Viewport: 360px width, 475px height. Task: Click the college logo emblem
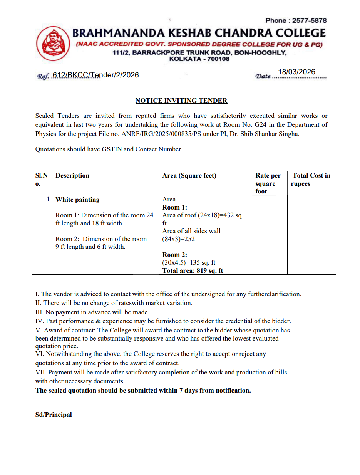click(x=53, y=44)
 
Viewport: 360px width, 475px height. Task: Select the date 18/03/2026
click(x=296, y=72)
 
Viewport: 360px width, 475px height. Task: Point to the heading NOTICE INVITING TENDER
click(x=181, y=101)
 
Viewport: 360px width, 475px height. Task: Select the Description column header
click(x=72, y=176)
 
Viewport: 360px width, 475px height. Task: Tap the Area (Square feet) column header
click(x=189, y=176)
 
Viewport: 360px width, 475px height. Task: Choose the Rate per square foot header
click(x=268, y=183)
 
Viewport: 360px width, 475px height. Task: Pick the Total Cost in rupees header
click(x=311, y=180)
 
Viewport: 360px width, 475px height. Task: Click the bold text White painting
click(x=77, y=200)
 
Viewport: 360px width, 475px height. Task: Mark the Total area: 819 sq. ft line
click(x=193, y=270)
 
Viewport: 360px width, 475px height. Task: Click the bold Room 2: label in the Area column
click(x=175, y=255)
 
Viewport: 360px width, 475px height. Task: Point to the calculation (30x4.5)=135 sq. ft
click(x=189, y=263)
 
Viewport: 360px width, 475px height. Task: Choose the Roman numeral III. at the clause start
click(x=40, y=312)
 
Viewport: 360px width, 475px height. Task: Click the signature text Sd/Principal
click(x=54, y=415)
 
